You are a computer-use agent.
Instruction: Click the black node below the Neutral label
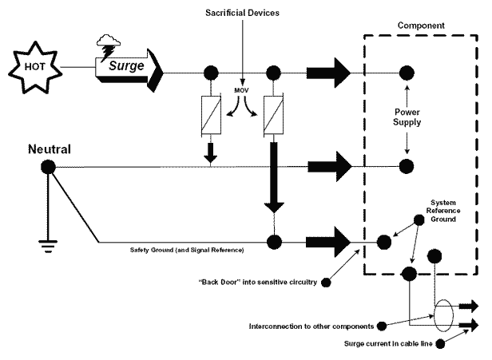tap(48, 167)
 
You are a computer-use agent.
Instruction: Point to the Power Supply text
tap(407, 118)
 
